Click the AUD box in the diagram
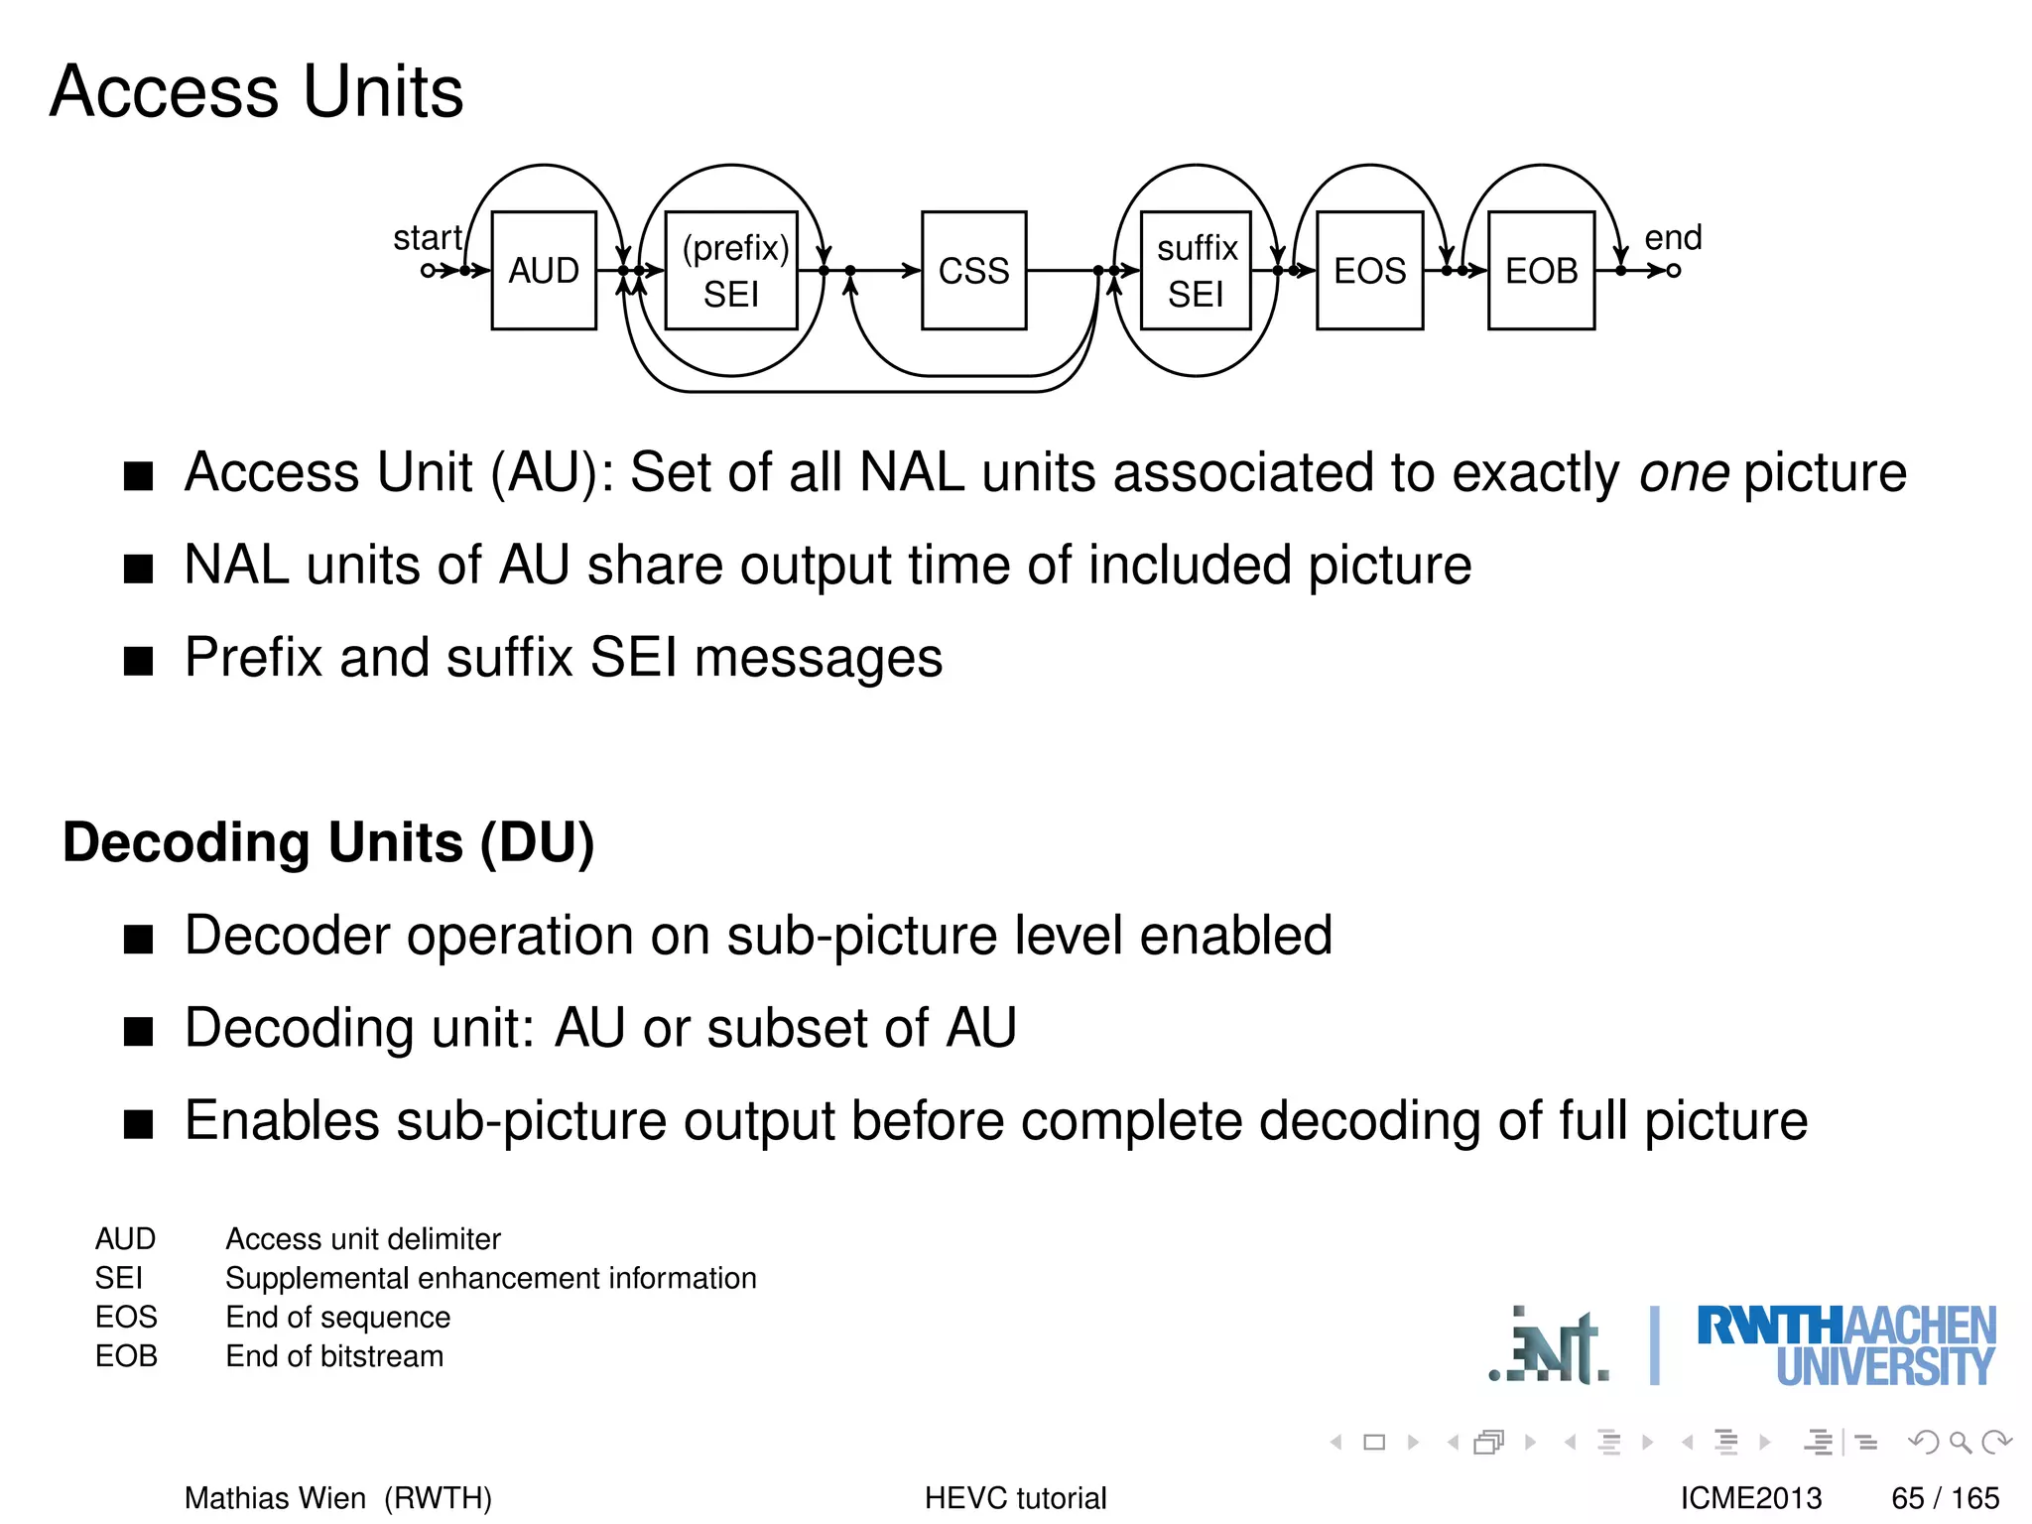544,270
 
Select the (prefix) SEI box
731,270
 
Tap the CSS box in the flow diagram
973,270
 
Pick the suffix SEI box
1196,270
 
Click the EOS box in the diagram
1369,270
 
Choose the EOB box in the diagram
1541,270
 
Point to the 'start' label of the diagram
427,238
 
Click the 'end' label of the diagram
1673,238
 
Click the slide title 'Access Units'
256,91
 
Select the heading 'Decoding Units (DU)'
328,842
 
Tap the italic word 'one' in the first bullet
1684,472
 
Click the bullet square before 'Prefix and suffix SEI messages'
139,661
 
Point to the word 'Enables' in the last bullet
282,1121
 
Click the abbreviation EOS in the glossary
126,1317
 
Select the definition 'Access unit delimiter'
363,1239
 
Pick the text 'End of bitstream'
334,1356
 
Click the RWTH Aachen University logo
1845,1345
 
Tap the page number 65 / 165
1945,1497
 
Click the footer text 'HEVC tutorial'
1015,1497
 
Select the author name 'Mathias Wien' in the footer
275,1497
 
